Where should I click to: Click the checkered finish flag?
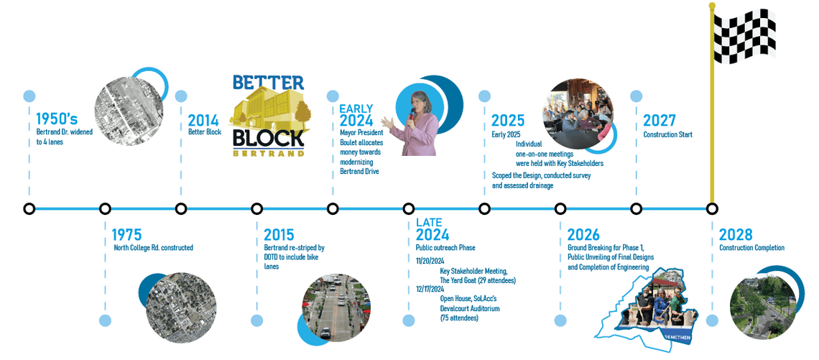click(x=744, y=37)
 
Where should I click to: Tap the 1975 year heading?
click(x=126, y=235)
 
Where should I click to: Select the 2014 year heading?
click(x=203, y=120)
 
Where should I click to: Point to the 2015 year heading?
click(x=279, y=235)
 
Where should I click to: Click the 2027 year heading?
click(x=659, y=120)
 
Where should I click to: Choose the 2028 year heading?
click(x=736, y=235)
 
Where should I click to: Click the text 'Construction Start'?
click(x=667, y=134)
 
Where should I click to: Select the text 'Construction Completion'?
click(x=751, y=248)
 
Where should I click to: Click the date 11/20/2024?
click(x=430, y=260)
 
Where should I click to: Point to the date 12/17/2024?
click(x=430, y=289)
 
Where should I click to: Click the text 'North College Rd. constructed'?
click(x=153, y=248)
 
